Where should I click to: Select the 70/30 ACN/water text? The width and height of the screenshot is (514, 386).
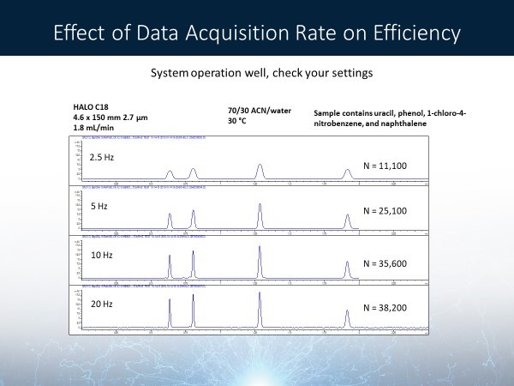[253, 107]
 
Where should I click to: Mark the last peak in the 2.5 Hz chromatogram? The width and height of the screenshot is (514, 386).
[347, 174]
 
